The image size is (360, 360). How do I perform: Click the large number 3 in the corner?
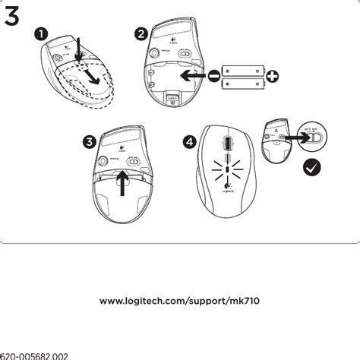[x=12, y=17]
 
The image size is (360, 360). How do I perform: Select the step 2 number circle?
[x=141, y=33]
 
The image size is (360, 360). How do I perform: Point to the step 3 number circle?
[x=90, y=142]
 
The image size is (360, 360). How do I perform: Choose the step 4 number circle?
[x=189, y=141]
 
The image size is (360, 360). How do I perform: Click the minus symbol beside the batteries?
[x=214, y=75]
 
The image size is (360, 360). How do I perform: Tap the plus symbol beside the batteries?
[x=271, y=75]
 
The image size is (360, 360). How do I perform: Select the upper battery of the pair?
[x=243, y=69]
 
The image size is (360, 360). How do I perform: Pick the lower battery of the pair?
[x=243, y=83]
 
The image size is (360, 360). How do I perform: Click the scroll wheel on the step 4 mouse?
[x=228, y=144]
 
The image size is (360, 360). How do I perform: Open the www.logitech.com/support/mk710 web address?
[x=180, y=302]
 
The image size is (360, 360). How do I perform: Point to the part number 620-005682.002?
[x=35, y=355]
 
